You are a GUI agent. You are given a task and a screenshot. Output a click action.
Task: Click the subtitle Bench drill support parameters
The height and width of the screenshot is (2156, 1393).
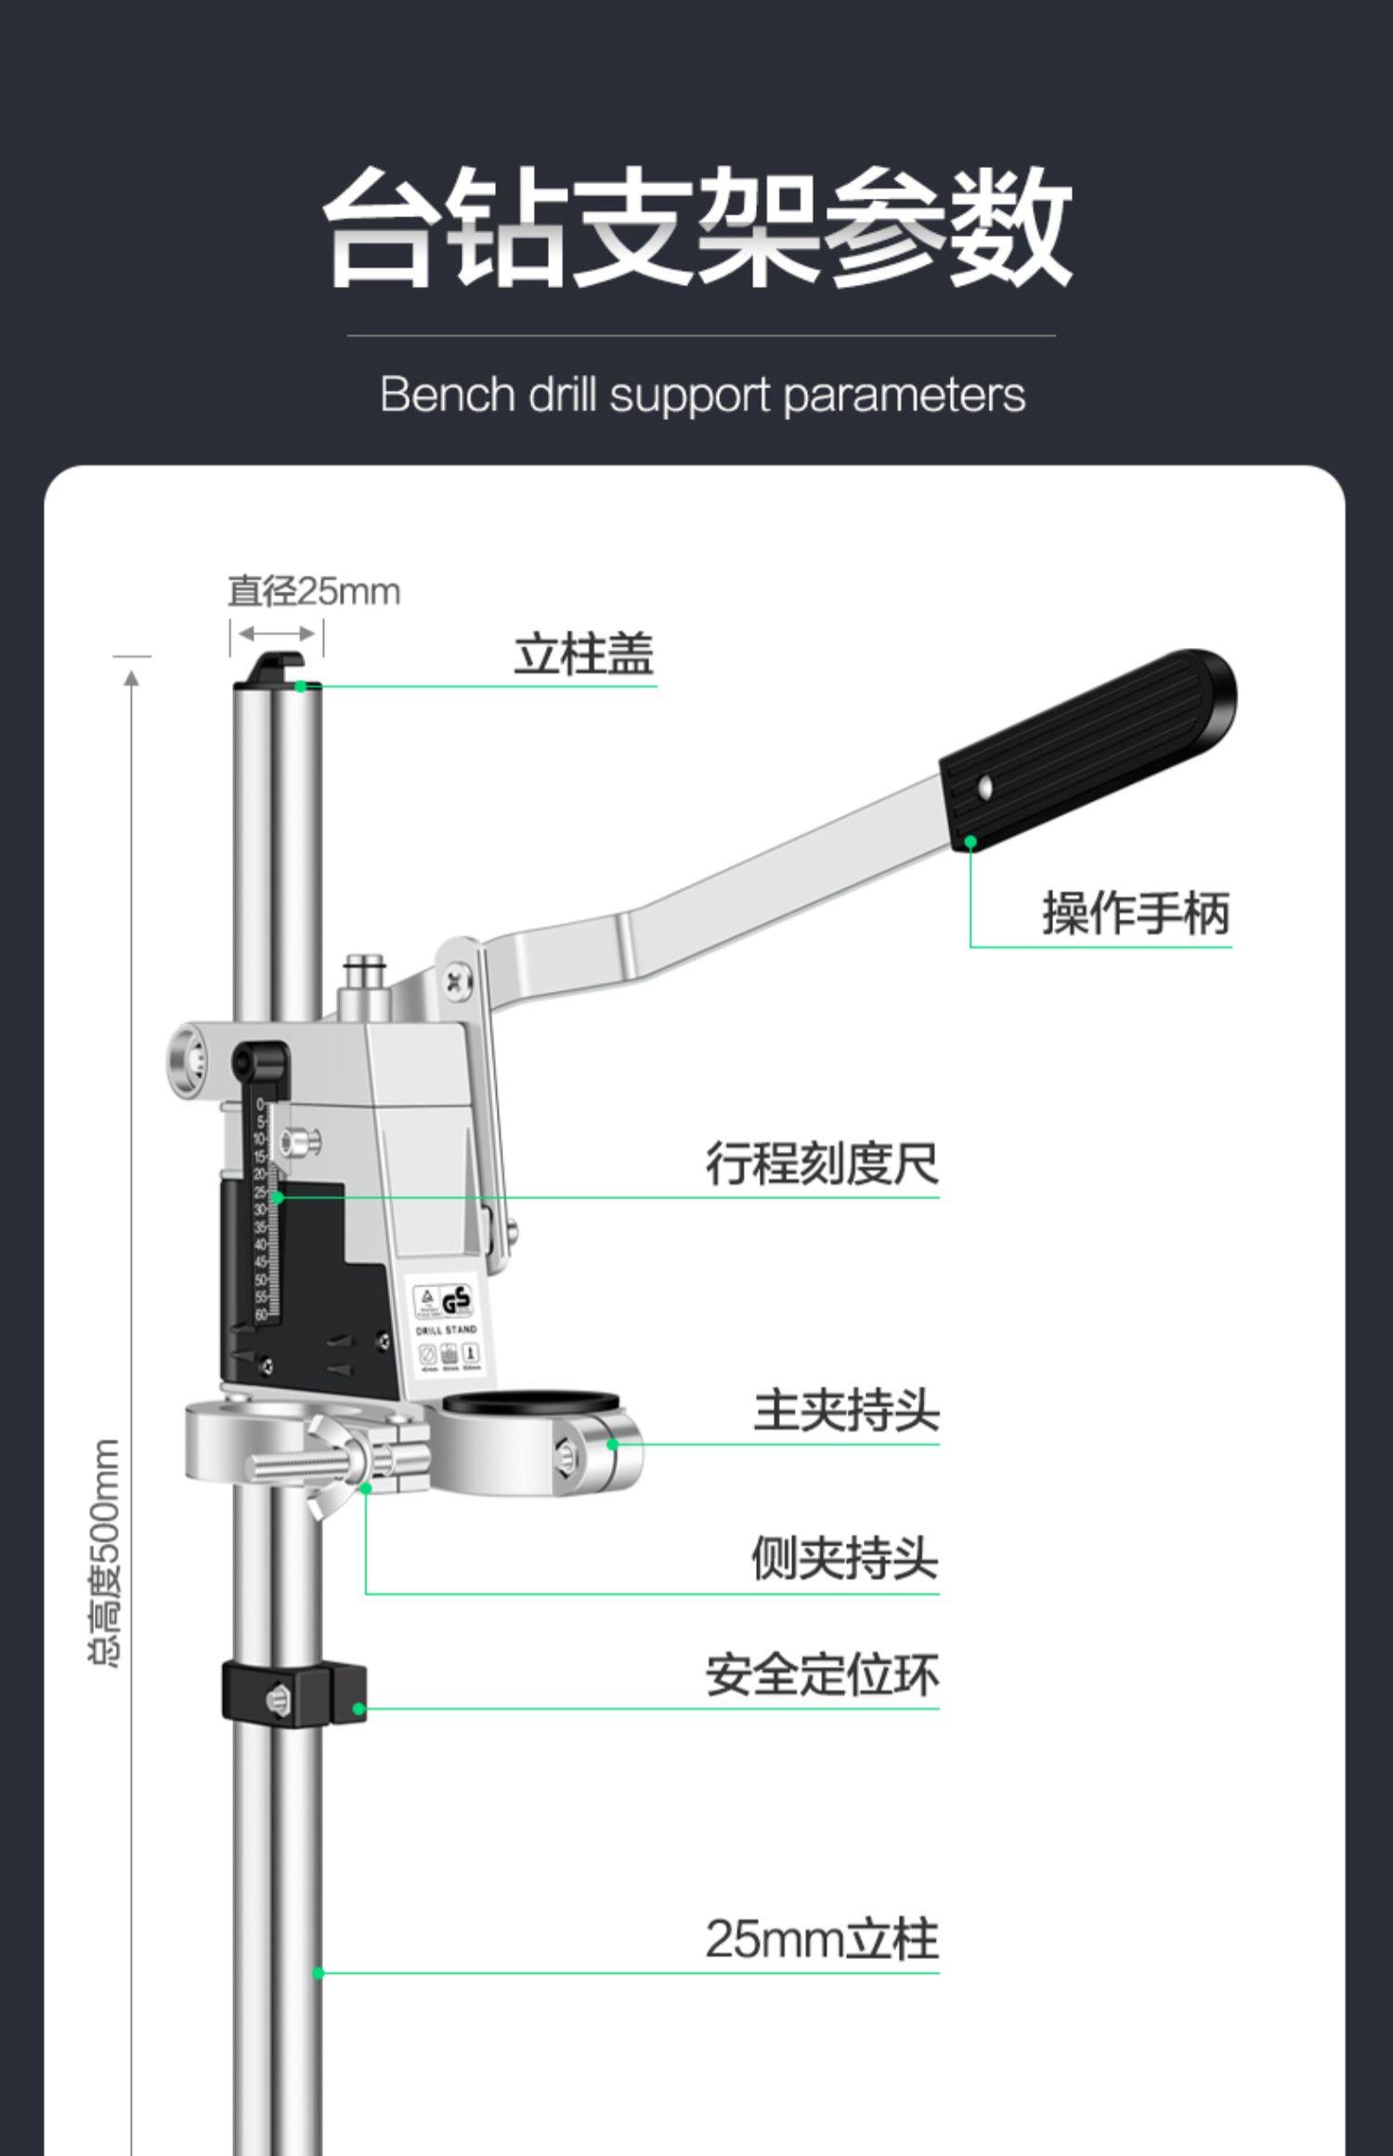click(x=702, y=395)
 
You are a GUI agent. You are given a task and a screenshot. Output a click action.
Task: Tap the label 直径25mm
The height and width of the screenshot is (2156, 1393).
click(x=314, y=591)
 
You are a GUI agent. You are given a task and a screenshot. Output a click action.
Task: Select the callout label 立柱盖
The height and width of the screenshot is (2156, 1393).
click(x=584, y=655)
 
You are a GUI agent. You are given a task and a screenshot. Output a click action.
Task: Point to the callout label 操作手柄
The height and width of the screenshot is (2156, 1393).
click(x=1135, y=913)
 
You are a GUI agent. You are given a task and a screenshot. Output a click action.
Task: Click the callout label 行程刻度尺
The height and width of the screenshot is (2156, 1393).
click(x=822, y=1163)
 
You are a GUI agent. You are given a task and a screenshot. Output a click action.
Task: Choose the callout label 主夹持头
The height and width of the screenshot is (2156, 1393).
click(x=845, y=1410)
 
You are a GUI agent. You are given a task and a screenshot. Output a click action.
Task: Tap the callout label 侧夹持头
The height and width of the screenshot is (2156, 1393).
click(x=844, y=1558)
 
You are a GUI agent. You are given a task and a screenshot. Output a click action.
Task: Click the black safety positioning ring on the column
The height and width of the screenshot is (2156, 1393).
click(x=293, y=1695)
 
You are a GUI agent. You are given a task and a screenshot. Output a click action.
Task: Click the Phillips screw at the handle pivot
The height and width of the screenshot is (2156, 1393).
click(x=456, y=981)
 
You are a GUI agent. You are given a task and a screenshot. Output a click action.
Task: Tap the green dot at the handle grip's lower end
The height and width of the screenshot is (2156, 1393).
click(x=970, y=841)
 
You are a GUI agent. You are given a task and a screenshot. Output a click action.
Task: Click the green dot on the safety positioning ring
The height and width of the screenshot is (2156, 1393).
click(x=359, y=1708)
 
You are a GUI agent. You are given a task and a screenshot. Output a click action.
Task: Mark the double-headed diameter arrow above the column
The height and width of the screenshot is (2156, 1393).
click(x=277, y=634)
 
